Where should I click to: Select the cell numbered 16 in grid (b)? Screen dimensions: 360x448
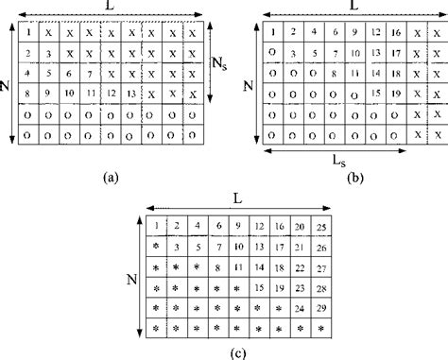click(x=395, y=31)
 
